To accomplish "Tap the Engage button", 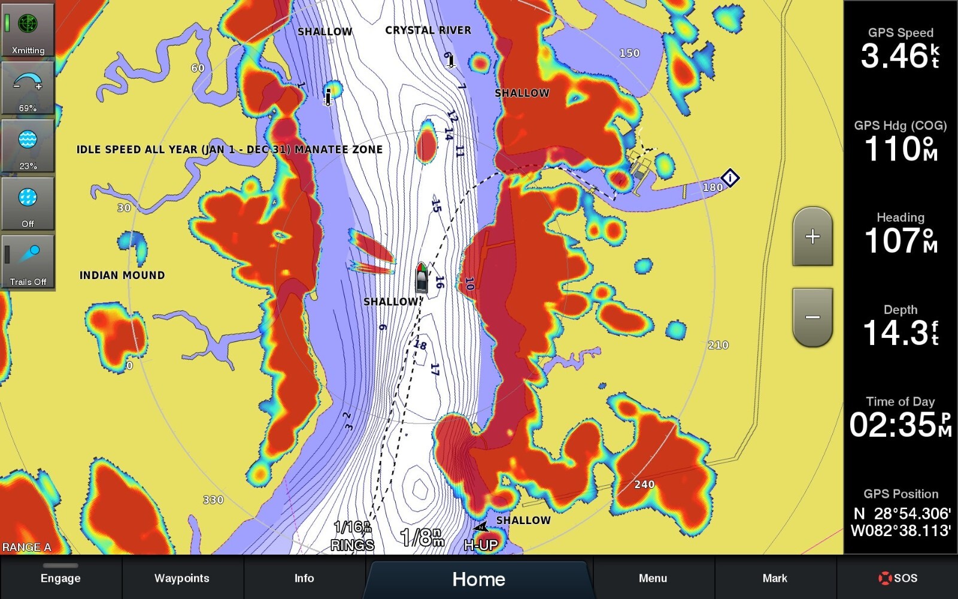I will [60, 577].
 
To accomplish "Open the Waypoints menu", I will [182, 577].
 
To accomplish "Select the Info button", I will [304, 577].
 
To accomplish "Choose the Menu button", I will [653, 577].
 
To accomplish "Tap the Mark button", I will [775, 577].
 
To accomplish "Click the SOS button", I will [898, 577].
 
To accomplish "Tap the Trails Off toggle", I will [28, 262].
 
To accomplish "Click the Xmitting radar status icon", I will [28, 30].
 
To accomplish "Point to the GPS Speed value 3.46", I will [895, 56].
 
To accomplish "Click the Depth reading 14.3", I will [895, 332].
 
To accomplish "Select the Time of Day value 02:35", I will [895, 424].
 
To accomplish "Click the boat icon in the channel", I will [422, 277].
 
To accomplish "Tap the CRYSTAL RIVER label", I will [428, 30].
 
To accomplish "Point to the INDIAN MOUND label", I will [122, 275].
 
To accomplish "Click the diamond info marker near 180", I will [730, 177].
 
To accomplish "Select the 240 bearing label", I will [644, 484].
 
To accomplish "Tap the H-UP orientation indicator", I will [481, 544].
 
